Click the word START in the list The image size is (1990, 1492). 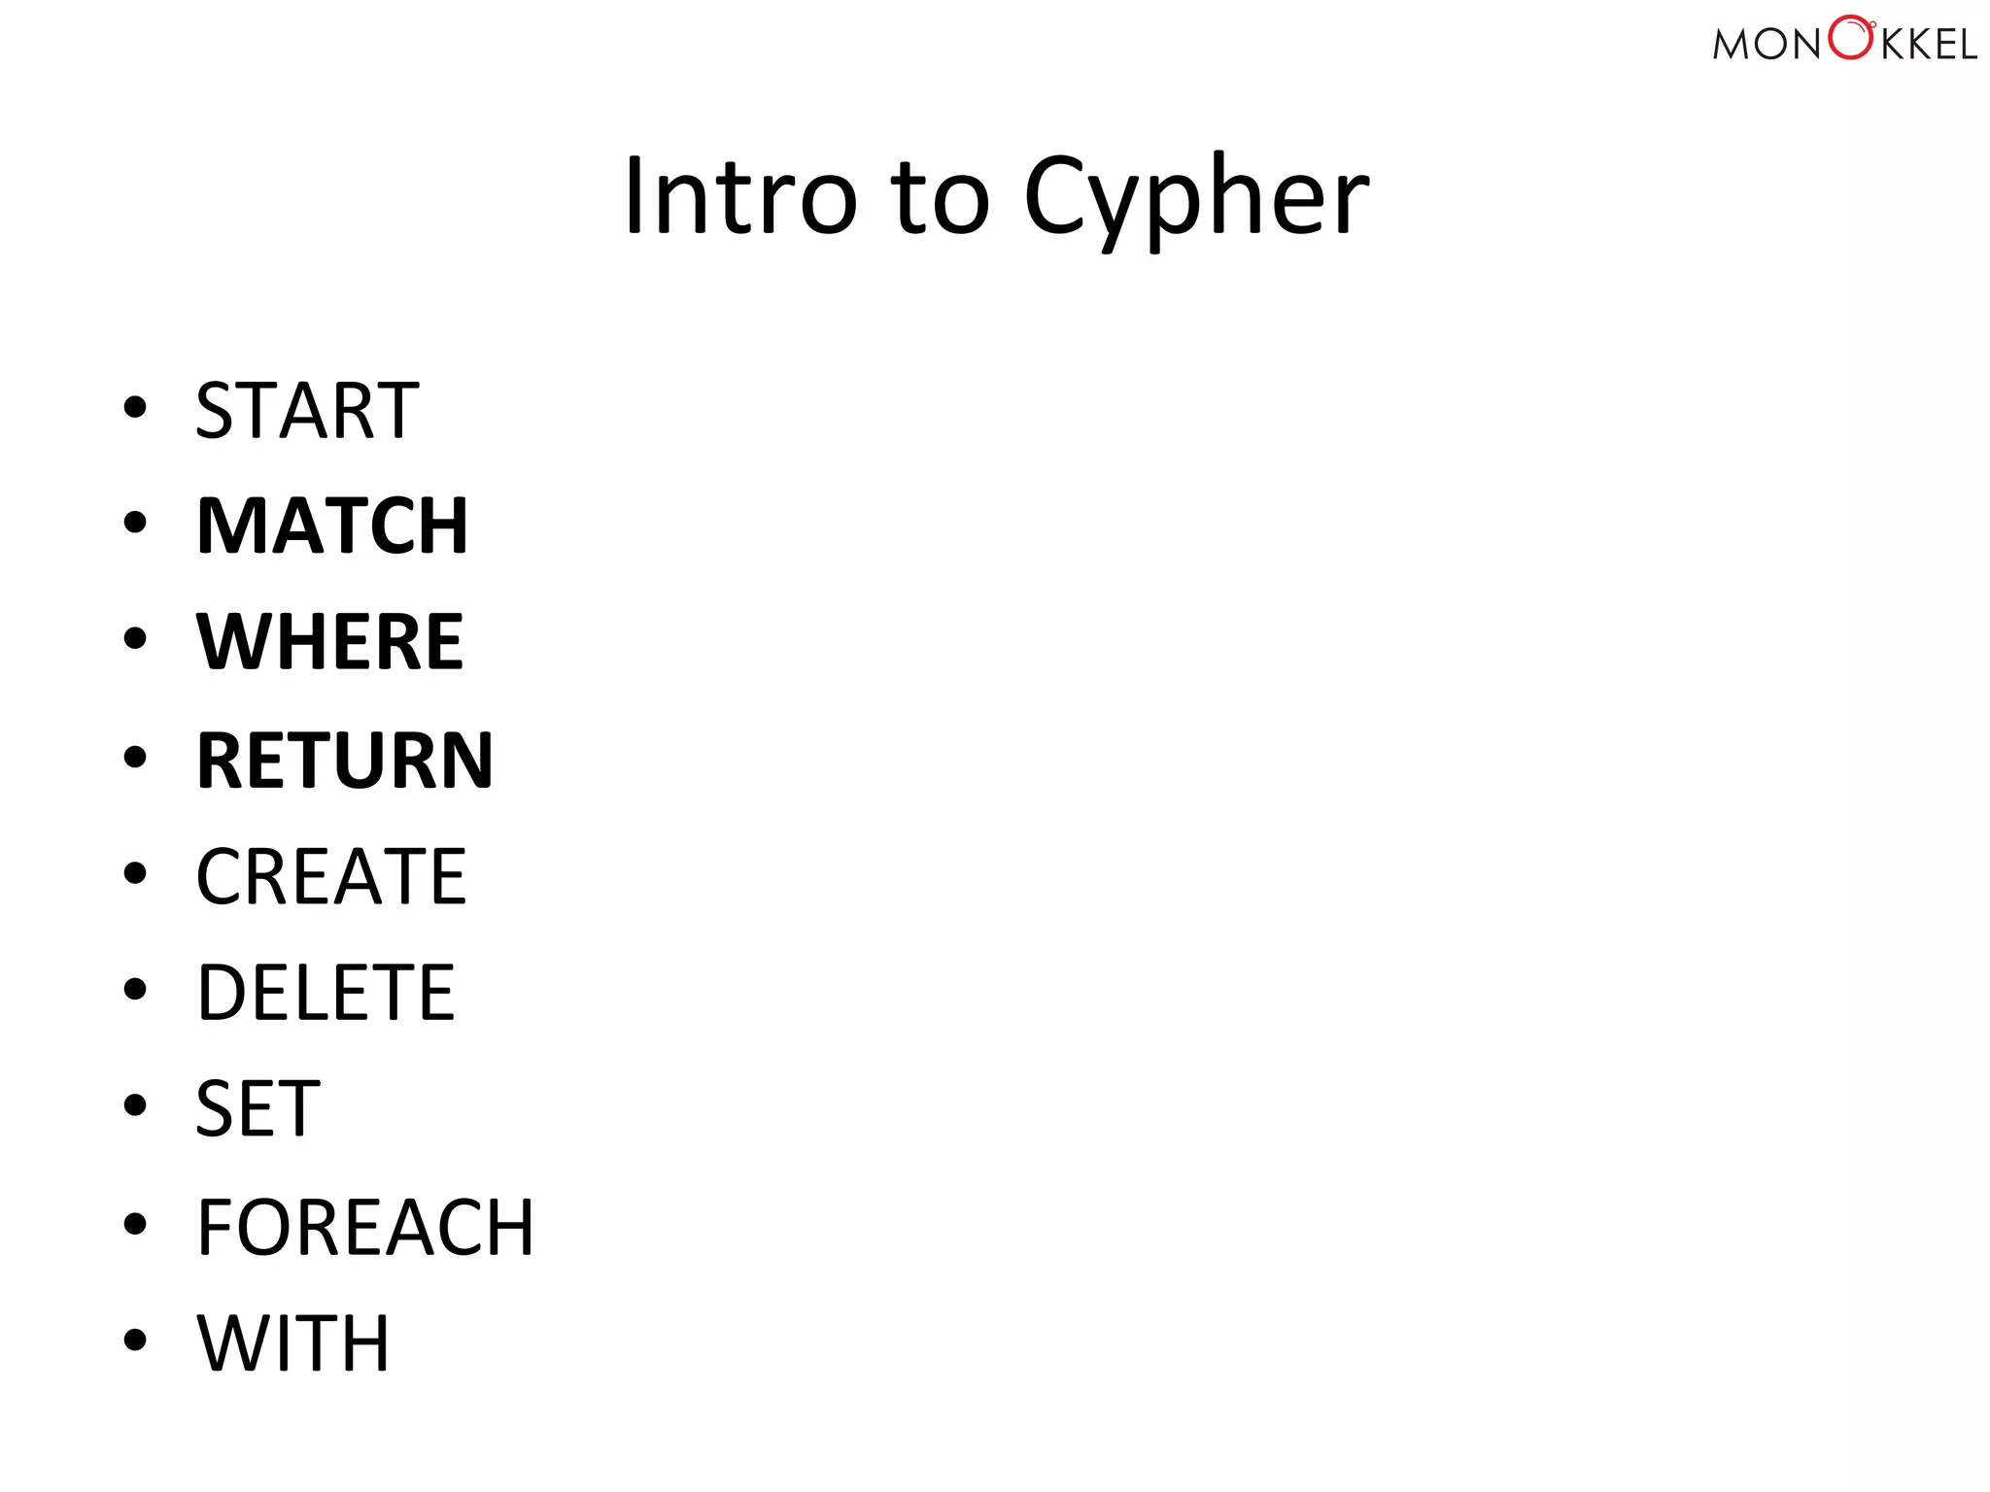coord(307,411)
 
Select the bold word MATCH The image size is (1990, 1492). coord(332,526)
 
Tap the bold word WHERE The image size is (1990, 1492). coord(330,642)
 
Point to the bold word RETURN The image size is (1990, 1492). coord(345,760)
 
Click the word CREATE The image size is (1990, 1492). coord(331,876)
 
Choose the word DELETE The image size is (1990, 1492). coord(326,993)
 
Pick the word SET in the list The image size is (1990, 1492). coord(257,1109)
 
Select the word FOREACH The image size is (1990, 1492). coord(365,1227)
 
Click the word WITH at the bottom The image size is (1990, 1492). coord(293,1343)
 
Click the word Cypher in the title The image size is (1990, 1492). coord(1196,199)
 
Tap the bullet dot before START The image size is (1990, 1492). coord(135,407)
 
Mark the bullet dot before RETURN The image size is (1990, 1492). coord(135,757)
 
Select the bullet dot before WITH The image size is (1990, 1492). coord(135,1340)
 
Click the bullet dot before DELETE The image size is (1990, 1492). coord(135,990)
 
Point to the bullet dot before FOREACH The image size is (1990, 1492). coord(135,1224)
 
